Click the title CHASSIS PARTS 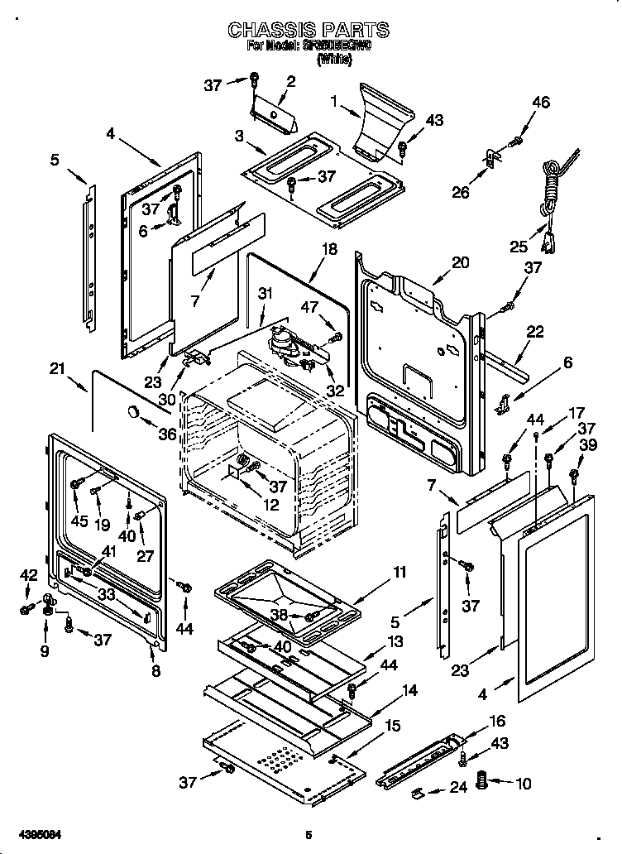pyautogui.click(x=308, y=31)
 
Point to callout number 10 pyautogui.click(x=524, y=784)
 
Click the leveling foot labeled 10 pyautogui.click(x=486, y=780)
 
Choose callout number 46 pyautogui.click(x=540, y=103)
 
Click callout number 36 pyautogui.click(x=167, y=434)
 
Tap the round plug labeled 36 pyautogui.click(x=132, y=412)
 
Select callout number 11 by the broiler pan pyautogui.click(x=400, y=572)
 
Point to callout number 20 pyautogui.click(x=461, y=263)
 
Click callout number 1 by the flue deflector pyautogui.click(x=333, y=101)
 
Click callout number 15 pyautogui.click(x=393, y=726)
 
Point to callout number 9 pyautogui.click(x=45, y=651)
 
